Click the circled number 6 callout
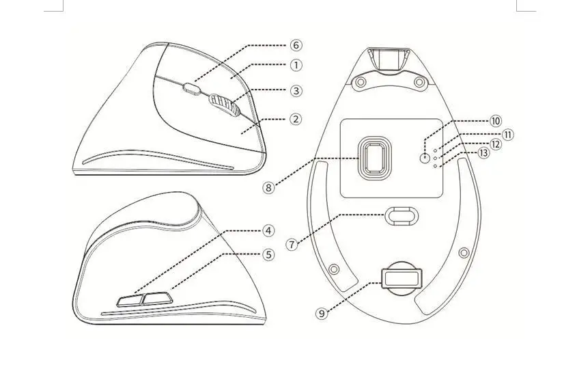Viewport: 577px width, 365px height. [x=296, y=45]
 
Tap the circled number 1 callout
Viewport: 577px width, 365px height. [x=296, y=65]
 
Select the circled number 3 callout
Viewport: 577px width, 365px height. [x=296, y=91]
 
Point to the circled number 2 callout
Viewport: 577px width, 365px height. [x=296, y=119]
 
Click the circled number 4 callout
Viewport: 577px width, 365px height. [x=268, y=231]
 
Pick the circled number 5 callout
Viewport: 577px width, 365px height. [x=268, y=254]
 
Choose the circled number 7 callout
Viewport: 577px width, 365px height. [x=292, y=244]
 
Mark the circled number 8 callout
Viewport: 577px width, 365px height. [x=268, y=188]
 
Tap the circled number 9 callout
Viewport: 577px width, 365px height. [x=322, y=314]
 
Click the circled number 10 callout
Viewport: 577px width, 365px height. [x=495, y=121]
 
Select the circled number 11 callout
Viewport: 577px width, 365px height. [x=508, y=135]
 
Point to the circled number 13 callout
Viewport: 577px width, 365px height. [x=483, y=152]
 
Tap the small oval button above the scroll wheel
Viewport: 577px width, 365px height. [x=191, y=89]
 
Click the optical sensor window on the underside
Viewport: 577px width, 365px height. [x=375, y=156]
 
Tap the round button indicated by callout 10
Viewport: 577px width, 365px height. [x=425, y=159]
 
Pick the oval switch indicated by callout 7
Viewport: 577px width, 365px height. [x=402, y=216]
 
